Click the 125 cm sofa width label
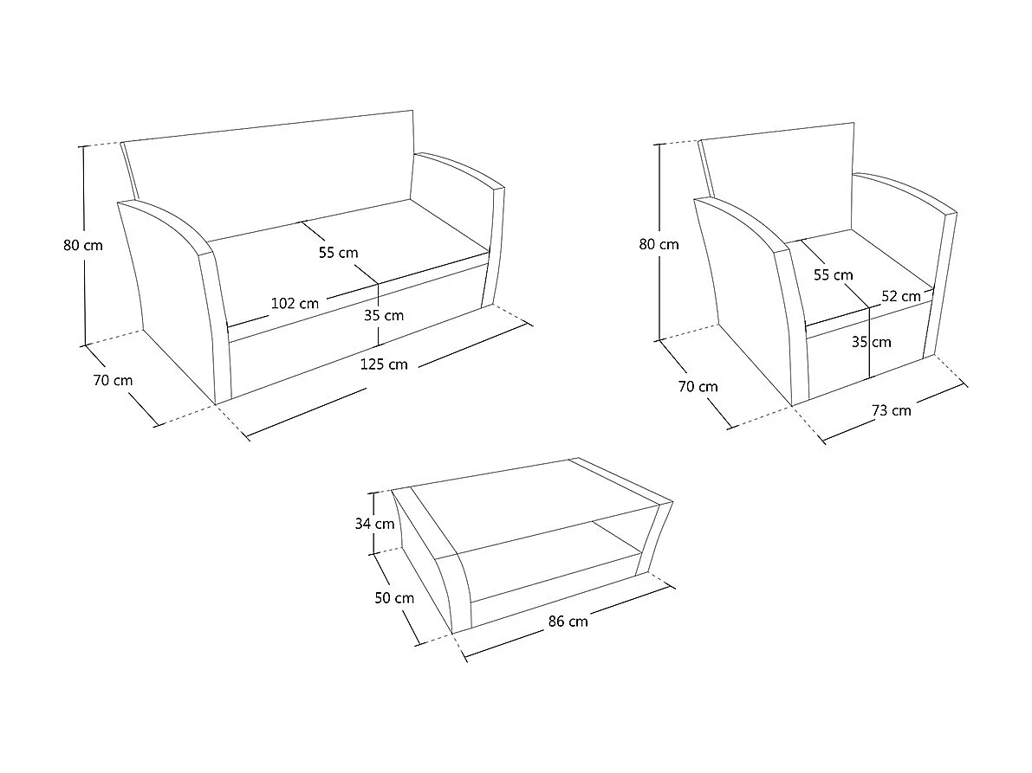pos(384,364)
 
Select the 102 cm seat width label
pos(295,304)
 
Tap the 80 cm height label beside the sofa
pos(83,245)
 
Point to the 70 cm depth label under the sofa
pos(114,381)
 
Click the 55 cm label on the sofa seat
pos(338,253)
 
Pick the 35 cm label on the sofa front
pos(384,315)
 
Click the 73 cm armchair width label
pos(891,411)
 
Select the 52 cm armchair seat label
pos(901,296)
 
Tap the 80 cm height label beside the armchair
pos(659,244)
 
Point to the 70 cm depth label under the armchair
pos(698,387)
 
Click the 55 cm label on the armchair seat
pos(834,274)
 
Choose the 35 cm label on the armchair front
pos(872,343)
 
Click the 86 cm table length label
pos(568,622)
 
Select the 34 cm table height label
pos(374,524)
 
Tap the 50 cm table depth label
pos(394,598)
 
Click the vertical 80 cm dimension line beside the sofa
pos(83,245)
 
